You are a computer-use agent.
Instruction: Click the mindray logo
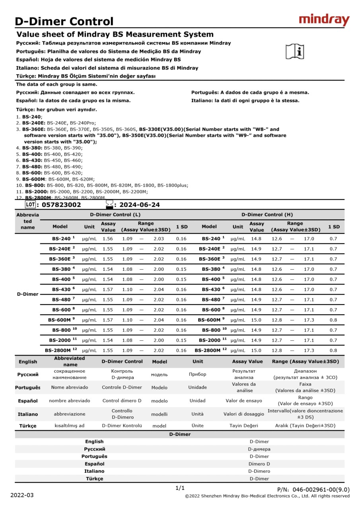324,19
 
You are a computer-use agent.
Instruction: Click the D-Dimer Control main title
64,21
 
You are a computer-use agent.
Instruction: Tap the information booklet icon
295,51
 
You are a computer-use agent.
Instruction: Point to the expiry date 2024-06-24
140,205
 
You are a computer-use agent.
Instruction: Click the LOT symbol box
30,204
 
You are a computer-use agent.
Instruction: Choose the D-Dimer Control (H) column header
267,215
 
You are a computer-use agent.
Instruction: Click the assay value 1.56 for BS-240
107,239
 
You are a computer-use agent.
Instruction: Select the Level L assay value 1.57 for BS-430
107,289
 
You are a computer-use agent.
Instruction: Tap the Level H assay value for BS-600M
256,320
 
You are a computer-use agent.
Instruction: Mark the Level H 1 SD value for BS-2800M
333,350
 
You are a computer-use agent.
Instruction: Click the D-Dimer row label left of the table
28,294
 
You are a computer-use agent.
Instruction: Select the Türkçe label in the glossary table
27,425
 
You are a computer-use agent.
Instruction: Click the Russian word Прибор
197,374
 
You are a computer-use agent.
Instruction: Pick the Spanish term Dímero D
259,464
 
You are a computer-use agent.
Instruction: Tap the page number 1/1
180,488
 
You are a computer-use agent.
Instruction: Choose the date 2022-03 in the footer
22,495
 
